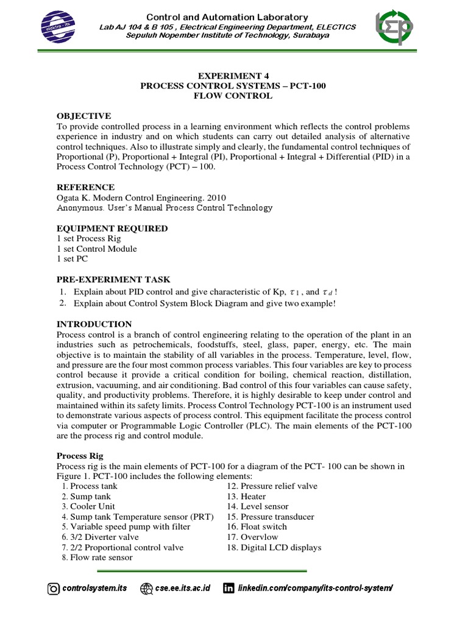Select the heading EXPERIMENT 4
tap(233, 76)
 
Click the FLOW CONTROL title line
tap(233, 96)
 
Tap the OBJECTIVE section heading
tap(83, 116)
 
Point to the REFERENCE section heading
tap(85, 187)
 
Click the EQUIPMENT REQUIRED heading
tap(112, 229)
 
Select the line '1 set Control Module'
tap(96, 249)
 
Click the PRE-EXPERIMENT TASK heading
tap(113, 279)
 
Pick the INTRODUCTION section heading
tap(94, 324)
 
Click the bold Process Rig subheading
tap(80, 455)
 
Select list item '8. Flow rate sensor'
tap(97, 558)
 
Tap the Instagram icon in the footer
tap(54, 589)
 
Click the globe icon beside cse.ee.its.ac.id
tap(146, 589)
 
